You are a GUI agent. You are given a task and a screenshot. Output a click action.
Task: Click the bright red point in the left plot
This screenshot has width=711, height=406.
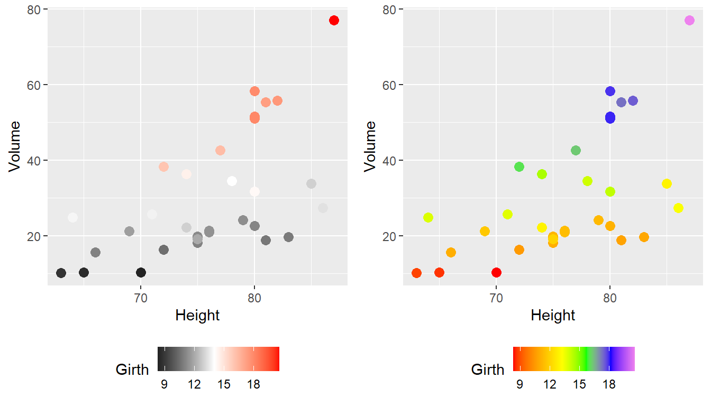(334, 21)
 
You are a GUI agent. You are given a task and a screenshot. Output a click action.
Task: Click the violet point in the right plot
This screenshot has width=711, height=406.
(689, 21)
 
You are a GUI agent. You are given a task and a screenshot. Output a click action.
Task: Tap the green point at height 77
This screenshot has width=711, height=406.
(576, 151)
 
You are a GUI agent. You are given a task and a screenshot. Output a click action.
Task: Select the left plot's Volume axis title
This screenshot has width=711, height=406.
(15, 146)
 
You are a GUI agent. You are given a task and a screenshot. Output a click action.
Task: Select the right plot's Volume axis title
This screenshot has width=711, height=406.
(370, 146)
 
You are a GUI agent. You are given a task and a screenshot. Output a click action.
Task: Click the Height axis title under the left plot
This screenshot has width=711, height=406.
(197, 316)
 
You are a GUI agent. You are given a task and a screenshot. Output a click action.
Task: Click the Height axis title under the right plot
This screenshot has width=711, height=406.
(553, 316)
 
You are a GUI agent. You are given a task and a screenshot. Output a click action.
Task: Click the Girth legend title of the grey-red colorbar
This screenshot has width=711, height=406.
(132, 370)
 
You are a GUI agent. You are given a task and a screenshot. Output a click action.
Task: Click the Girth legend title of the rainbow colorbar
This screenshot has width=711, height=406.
(488, 370)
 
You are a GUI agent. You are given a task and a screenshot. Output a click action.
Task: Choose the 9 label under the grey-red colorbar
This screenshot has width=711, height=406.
(165, 384)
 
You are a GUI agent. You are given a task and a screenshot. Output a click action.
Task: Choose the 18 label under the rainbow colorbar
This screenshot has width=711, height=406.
(609, 384)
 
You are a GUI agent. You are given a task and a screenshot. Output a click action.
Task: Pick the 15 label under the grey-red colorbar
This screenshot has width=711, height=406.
(224, 384)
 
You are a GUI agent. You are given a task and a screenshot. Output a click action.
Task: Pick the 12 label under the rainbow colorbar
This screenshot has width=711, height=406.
(550, 384)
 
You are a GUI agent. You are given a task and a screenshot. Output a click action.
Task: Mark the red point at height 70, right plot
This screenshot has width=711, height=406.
(496, 272)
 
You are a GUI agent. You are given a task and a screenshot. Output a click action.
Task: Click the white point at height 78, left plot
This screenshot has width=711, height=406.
(232, 181)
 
